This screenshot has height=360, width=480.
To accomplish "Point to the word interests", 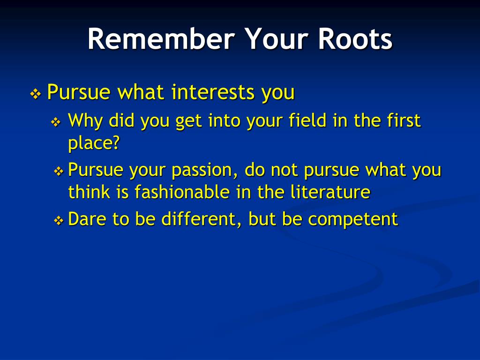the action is point(212,92).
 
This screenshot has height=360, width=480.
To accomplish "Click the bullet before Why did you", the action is point(56,123).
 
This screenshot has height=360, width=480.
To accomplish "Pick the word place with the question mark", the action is point(93,142).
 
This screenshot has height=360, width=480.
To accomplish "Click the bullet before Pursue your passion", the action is point(58,172).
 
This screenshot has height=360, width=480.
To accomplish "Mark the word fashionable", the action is point(183,192).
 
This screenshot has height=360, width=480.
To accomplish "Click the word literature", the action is point(330,192).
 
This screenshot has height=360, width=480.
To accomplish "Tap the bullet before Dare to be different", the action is point(58,220).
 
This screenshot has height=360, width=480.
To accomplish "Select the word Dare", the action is point(87,219).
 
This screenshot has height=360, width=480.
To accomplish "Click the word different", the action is point(200,219).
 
